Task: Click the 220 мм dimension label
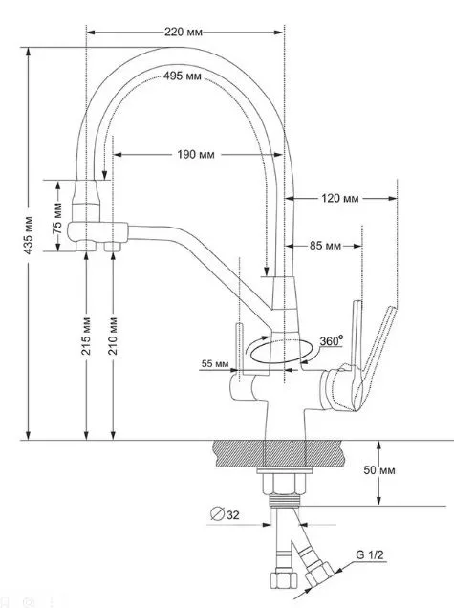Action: (184, 32)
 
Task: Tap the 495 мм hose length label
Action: (183, 76)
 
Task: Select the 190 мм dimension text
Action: (196, 155)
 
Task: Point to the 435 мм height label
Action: (29, 235)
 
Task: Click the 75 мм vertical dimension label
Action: (57, 218)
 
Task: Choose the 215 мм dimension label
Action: (86, 336)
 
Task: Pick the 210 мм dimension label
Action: (113, 336)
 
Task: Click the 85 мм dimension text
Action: (325, 246)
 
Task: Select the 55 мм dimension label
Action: (215, 363)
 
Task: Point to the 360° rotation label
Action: (332, 341)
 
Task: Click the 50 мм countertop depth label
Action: (379, 470)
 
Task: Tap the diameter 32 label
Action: (225, 514)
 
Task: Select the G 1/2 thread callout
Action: (370, 554)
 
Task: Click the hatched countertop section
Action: (278, 454)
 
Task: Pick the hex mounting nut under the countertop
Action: (284, 485)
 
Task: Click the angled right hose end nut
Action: (318, 574)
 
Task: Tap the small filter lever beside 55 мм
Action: (240, 351)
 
